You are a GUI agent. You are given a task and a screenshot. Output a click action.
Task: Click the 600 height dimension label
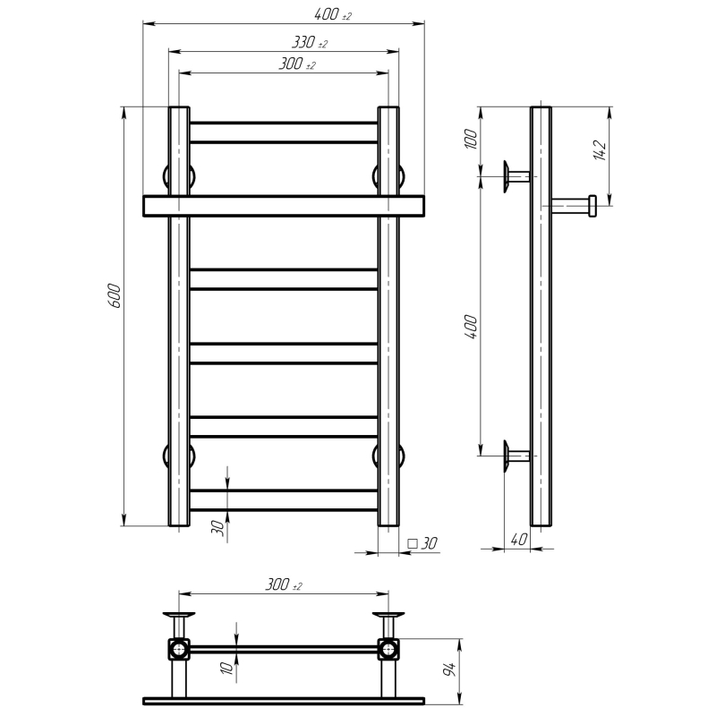pyautogui.click(x=115, y=296)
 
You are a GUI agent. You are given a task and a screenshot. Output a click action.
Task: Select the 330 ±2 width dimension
pyautogui.click(x=310, y=42)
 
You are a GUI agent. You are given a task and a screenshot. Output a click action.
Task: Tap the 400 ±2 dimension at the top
pyautogui.click(x=333, y=14)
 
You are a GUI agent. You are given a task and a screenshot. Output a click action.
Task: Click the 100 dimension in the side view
pyautogui.click(x=471, y=140)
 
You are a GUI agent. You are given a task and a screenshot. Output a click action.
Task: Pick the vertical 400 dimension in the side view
pyautogui.click(x=471, y=327)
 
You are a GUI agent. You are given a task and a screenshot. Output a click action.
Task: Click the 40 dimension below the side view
pyautogui.click(x=519, y=540)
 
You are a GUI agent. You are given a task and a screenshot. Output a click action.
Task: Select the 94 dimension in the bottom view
pyautogui.click(x=450, y=669)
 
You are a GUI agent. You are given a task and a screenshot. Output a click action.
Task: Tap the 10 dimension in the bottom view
pyautogui.click(x=227, y=668)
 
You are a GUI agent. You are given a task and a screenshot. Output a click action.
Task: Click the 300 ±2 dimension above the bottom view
pyautogui.click(x=284, y=584)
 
